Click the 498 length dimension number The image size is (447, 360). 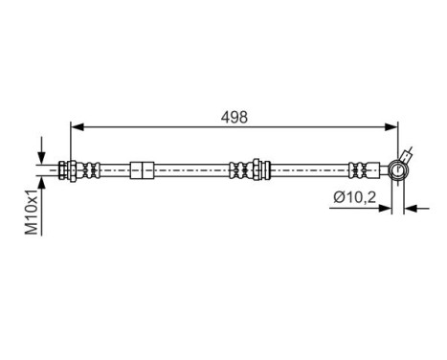[235, 117]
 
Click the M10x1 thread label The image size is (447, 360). [32, 213]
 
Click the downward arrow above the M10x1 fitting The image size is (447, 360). [41, 158]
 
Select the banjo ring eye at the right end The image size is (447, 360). [397, 169]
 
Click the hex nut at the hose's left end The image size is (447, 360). [67, 169]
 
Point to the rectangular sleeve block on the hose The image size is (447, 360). [142, 169]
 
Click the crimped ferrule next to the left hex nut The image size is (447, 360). [89, 169]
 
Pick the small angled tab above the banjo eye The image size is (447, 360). [409, 153]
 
